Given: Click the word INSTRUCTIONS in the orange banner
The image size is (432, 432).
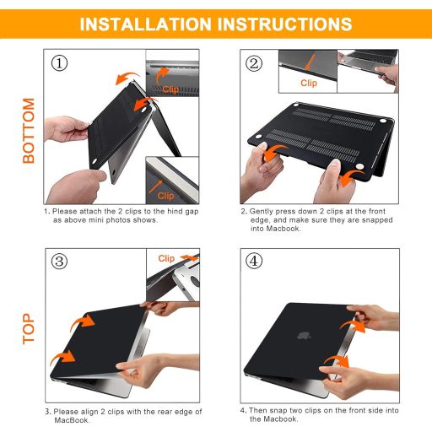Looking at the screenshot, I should [x=287, y=24].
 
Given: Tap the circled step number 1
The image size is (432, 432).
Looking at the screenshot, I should [x=58, y=63].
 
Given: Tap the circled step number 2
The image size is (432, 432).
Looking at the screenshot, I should [x=254, y=63].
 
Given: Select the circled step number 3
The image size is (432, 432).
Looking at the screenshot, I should [x=58, y=261].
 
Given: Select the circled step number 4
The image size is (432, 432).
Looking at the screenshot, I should [x=254, y=261].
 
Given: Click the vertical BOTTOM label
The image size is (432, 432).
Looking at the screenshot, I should [x=29, y=131].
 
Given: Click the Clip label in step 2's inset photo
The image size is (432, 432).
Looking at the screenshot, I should [x=310, y=84].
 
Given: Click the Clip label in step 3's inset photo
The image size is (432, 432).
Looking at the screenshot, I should [x=166, y=258].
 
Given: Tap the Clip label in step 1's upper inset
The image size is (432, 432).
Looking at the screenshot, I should [x=170, y=89].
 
